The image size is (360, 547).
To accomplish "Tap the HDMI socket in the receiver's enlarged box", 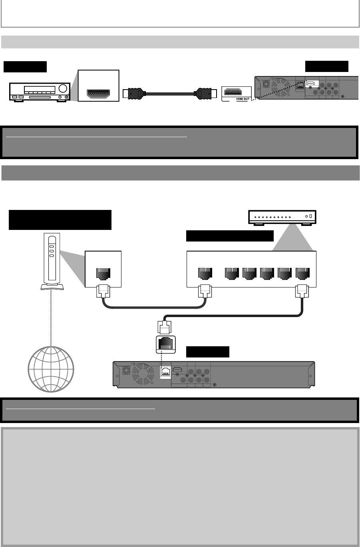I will (x=99, y=94).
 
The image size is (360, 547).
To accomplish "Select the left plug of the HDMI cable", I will (x=133, y=94).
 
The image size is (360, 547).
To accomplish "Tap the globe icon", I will (x=51, y=369).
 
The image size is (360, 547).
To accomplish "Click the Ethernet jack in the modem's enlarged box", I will (x=103, y=274).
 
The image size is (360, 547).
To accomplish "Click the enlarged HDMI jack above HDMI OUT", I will (x=236, y=92).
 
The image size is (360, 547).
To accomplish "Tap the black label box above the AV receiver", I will (x=25, y=67).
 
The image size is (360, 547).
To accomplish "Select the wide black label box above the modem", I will (x=60, y=220).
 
